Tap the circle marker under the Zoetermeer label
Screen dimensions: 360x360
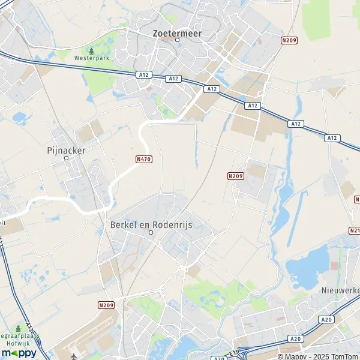[178, 40]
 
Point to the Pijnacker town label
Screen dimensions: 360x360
[67, 150]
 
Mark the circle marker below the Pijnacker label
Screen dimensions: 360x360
[67, 158]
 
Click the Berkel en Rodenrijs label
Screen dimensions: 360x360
[151, 224]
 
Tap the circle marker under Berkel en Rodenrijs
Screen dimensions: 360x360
[151, 232]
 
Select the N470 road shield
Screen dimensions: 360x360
[144, 159]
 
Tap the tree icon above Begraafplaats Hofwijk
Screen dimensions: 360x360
[18, 329]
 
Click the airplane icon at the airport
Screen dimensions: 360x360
[74, 356]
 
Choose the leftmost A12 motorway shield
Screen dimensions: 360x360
[143, 75]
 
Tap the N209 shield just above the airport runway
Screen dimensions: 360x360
[106, 305]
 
